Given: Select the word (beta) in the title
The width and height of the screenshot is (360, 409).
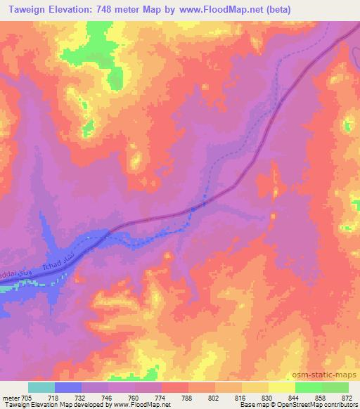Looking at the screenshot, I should pyautogui.click(x=272, y=9).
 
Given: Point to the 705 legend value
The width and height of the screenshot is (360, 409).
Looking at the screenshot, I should pyautogui.click(x=27, y=398).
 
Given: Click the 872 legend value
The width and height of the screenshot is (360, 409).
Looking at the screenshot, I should pyautogui.click(x=347, y=398).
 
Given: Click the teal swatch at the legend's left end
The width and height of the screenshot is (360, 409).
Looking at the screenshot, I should pyautogui.click(x=41, y=387).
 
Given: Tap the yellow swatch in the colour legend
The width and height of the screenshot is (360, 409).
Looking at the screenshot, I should pyautogui.click(x=281, y=387).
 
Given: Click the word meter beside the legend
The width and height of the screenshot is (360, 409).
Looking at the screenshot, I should pyautogui.click(x=11, y=398).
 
